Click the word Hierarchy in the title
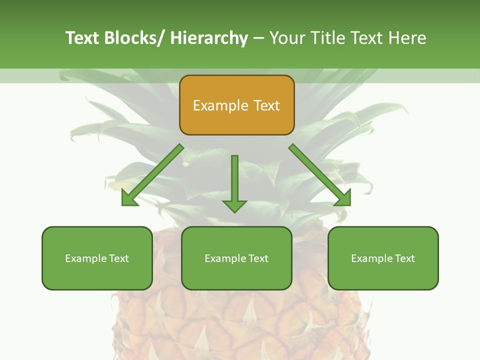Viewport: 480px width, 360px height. point(209,38)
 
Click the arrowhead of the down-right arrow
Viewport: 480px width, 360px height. point(343,199)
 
